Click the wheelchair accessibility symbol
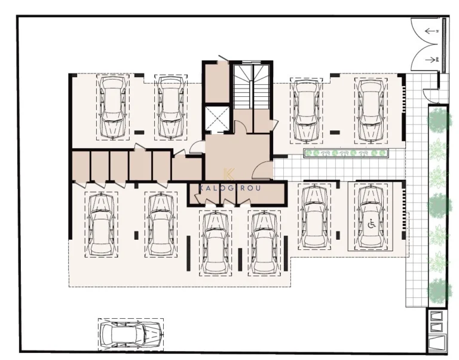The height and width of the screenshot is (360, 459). [371, 224]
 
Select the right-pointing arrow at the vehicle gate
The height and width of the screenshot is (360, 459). [429, 59]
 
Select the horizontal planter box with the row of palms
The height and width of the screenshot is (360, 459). [347, 154]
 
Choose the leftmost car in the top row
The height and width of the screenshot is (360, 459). [112, 106]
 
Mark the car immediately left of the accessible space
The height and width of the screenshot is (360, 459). [313, 217]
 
